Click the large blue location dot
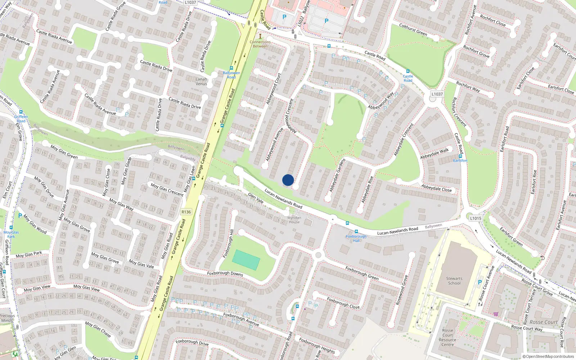pyautogui.click(x=288, y=180)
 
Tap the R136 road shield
pyautogui.click(x=186, y=212)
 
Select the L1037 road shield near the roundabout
pyautogui.click(x=437, y=94)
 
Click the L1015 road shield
pyautogui.click(x=476, y=218)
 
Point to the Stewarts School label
pyautogui.click(x=454, y=281)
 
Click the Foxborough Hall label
pyautogui.click(x=356, y=238)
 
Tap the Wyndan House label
pyautogui.click(x=294, y=220)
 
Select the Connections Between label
pyautogui.click(x=260, y=44)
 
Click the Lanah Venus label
pyautogui.click(x=201, y=81)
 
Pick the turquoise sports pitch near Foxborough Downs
pyautogui.click(x=246, y=260)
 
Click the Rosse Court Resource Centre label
pyautogui.click(x=447, y=337)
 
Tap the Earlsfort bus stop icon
pyautogui.click(x=460, y=156)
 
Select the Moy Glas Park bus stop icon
pyautogui.click(x=11, y=228)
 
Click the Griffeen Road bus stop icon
pyautogui.click(x=21, y=112)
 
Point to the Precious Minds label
pyautogui.click(x=7, y=318)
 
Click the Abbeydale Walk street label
pyautogui.click(x=435, y=153)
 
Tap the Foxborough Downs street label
pyautogui.click(x=225, y=274)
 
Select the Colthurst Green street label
pyautogui.click(x=413, y=30)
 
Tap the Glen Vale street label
pyautogui.click(x=256, y=198)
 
